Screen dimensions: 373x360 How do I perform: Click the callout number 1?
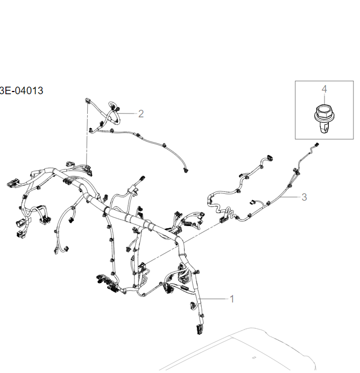[x=232, y=298]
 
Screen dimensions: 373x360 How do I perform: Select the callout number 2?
[x=141, y=114]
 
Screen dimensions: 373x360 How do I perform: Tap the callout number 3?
[x=304, y=197]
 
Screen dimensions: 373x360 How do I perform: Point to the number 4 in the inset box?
[x=324, y=89]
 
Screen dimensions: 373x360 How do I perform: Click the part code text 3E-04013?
[x=21, y=90]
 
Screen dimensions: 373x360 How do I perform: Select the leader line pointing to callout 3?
[x=288, y=198]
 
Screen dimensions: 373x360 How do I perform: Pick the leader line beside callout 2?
[x=129, y=114]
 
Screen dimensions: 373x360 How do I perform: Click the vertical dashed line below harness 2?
[x=87, y=140]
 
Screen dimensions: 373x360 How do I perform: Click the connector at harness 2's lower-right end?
[x=186, y=171]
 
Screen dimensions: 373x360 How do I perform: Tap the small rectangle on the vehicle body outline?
[x=254, y=357]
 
